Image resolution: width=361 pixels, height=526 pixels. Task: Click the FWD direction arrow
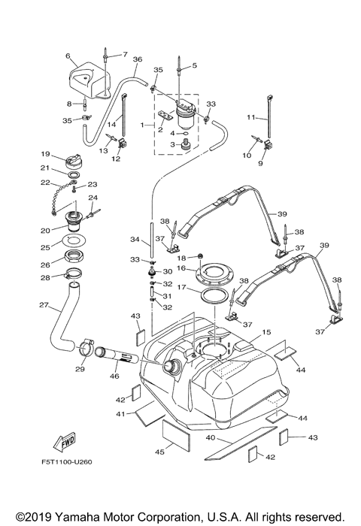click(65, 442)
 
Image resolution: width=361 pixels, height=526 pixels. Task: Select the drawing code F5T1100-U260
click(67, 462)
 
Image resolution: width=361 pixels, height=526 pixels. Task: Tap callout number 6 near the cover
click(68, 56)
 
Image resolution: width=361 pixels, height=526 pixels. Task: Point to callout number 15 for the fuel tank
click(266, 332)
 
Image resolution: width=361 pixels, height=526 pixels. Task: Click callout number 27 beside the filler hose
click(44, 305)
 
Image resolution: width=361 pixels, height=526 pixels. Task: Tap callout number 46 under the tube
click(114, 376)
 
